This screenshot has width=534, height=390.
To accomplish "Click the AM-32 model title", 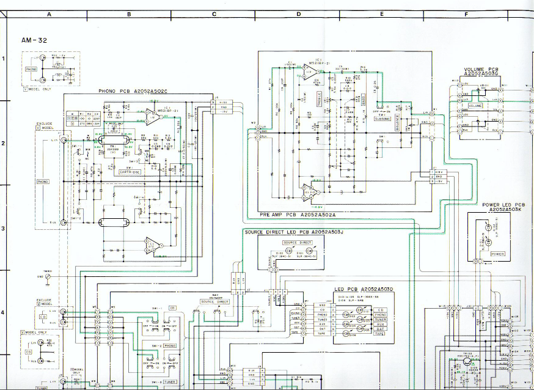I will pyautogui.click(x=34, y=40).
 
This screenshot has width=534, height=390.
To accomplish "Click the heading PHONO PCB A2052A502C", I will pyautogui.click(x=133, y=92).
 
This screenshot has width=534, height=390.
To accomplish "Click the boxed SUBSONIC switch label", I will pyautogui.click(x=382, y=118).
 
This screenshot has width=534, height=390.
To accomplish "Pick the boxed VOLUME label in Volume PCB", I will pyautogui.click(x=475, y=106).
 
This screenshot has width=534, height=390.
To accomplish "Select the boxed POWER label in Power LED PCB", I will pyautogui.click(x=497, y=254).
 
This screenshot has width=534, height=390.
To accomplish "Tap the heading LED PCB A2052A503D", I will pyautogui.click(x=364, y=288).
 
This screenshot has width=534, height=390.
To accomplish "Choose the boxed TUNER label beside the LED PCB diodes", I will pyautogui.click(x=379, y=320).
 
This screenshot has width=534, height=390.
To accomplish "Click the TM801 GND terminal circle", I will pyautogui.click(x=48, y=276).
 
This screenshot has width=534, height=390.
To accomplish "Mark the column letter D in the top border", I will pyautogui.click(x=299, y=13).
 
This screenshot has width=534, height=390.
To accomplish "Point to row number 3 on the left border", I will pyautogui.click(x=3, y=229).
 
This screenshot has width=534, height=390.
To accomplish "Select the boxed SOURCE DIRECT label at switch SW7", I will pyautogui.click(x=215, y=302).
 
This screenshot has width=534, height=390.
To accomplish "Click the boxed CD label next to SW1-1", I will pyautogui.click(x=172, y=308).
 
